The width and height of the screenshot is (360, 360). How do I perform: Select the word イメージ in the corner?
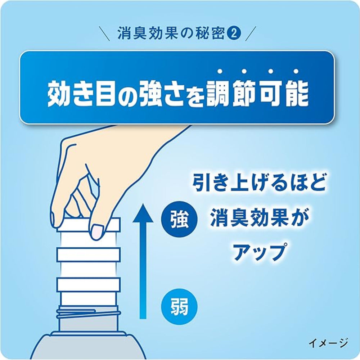(328, 342)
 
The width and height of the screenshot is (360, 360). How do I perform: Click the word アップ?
(258, 252)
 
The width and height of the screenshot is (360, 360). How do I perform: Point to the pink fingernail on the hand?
(98, 230)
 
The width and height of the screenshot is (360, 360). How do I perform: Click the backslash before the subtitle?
(106, 33)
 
